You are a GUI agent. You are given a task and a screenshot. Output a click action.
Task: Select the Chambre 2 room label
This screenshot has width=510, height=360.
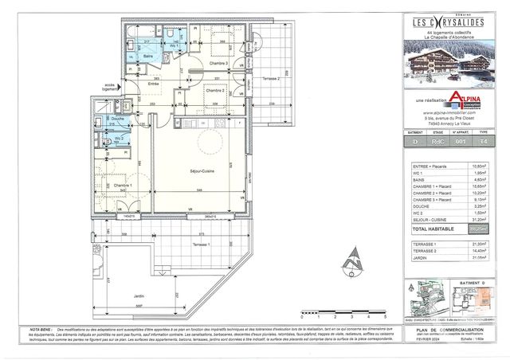pyautogui.click(x=214, y=90)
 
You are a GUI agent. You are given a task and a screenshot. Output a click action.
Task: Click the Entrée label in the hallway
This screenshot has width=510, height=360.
pyautogui.click(x=153, y=83)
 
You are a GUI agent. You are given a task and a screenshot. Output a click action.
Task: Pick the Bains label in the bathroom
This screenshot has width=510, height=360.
pyautogui.click(x=148, y=57)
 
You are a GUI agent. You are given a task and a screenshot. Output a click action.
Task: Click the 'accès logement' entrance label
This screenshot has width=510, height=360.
pyautogui.click(x=110, y=86)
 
